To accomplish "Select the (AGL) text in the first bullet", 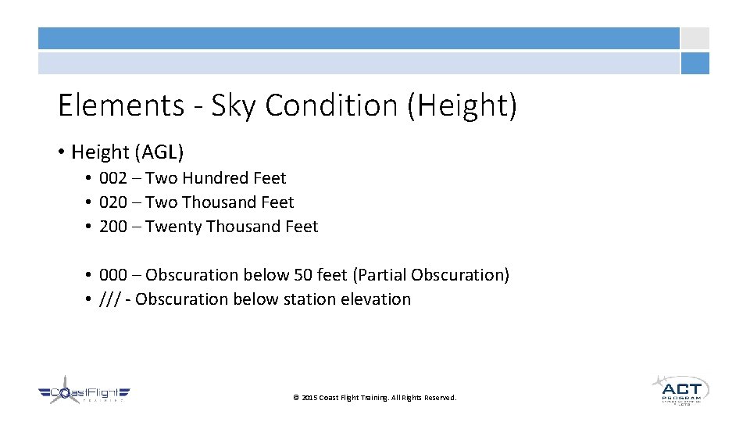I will pyautogui.click(x=159, y=152).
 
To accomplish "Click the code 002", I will pyautogui.click(x=113, y=178).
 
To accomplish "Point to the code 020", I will pyautogui.click(x=113, y=202).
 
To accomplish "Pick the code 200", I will pyautogui.click(x=113, y=227).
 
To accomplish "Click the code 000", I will pyautogui.click(x=113, y=275).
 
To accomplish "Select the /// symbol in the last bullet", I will pyautogui.click(x=109, y=299).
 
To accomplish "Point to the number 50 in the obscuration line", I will pyautogui.click(x=303, y=275).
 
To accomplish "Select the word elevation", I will pyautogui.click(x=376, y=299).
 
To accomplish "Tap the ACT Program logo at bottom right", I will pyautogui.click(x=680, y=389).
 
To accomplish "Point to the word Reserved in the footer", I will pyautogui.click(x=437, y=398).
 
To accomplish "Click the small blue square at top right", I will pyautogui.click(x=695, y=63).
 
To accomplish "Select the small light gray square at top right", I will pyautogui.click(x=695, y=38).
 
